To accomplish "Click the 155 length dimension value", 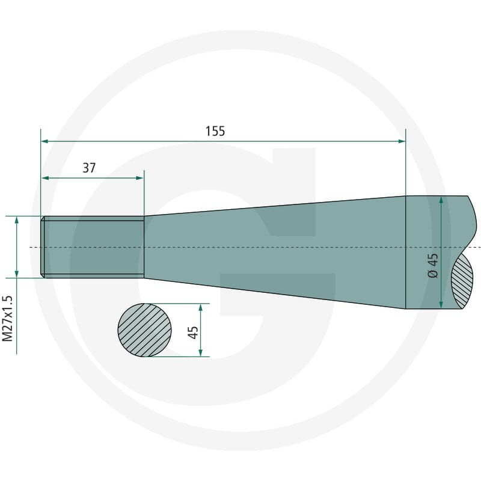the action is [x=215, y=131].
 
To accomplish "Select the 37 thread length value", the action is [x=89, y=168].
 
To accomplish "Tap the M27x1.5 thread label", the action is [x=7, y=319].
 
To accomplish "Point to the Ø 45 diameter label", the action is [x=433, y=266].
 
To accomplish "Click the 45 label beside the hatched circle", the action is [x=192, y=332].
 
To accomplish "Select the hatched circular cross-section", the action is [x=144, y=330].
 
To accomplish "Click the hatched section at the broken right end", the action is [x=462, y=281].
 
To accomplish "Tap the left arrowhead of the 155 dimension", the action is [x=44, y=141].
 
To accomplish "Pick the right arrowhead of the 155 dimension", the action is [x=402, y=141].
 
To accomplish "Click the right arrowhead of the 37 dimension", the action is [x=139, y=178].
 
